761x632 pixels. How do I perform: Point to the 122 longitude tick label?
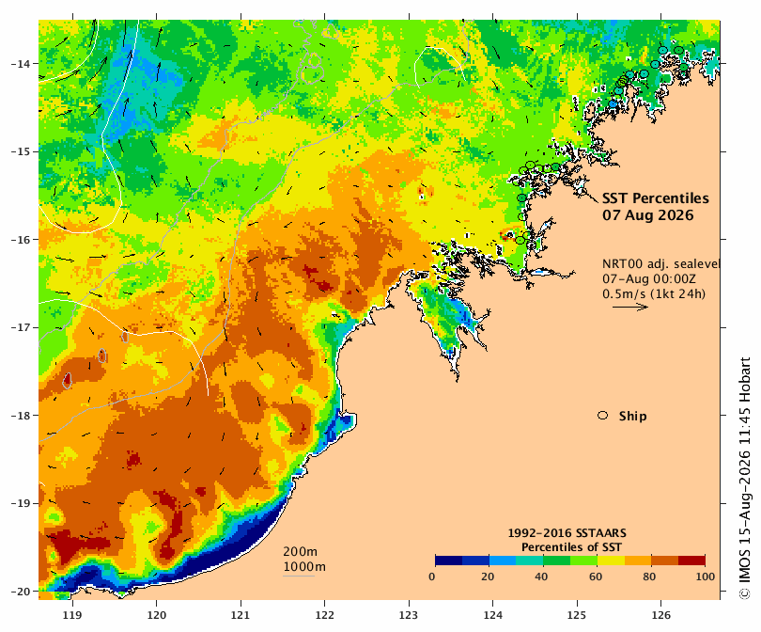point(325,615)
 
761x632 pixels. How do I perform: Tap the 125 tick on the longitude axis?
point(577,615)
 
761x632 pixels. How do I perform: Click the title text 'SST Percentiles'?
point(655,198)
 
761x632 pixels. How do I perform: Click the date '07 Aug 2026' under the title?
point(648,215)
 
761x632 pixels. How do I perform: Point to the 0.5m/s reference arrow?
point(630,307)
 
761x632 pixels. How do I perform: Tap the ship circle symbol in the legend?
point(603,416)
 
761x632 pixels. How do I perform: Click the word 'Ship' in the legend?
point(633,417)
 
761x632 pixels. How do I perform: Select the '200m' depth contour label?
point(300,551)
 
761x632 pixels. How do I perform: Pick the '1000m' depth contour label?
point(304,567)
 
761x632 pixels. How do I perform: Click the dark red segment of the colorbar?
point(691,561)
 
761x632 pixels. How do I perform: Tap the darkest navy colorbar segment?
point(449,561)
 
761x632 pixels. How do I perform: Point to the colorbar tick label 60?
point(596,577)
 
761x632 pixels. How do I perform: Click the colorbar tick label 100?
point(706,577)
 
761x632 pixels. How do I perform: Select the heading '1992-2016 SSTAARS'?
point(567,533)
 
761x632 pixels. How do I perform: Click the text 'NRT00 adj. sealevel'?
point(660,263)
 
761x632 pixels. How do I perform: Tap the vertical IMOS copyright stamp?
point(744,479)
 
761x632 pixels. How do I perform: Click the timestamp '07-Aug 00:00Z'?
point(649,278)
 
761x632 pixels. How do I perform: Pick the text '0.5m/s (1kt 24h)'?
point(654,293)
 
